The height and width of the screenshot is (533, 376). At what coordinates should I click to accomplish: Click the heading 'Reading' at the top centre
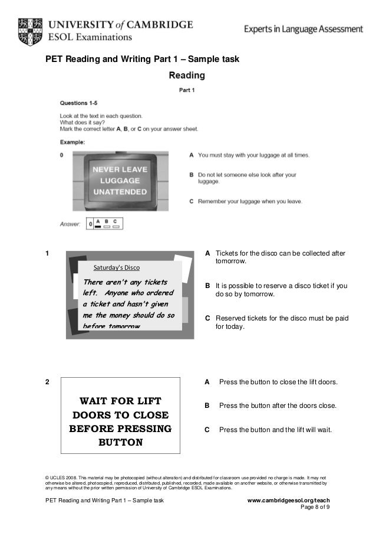pos(187,76)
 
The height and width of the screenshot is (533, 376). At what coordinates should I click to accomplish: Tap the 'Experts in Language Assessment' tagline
pos(303,28)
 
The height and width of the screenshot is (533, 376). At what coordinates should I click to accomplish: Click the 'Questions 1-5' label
pos(78,103)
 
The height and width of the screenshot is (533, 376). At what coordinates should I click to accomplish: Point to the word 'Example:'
pos(72,142)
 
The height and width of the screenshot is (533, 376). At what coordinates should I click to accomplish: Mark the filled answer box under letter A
pos(98,226)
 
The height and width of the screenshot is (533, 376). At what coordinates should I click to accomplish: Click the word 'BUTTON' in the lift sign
pos(120,442)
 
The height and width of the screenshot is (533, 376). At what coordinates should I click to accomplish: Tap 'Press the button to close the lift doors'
pos(278,382)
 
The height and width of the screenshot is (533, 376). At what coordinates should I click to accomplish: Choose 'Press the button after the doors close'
pos(278,406)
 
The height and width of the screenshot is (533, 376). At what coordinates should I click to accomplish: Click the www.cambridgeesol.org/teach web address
pos(288,501)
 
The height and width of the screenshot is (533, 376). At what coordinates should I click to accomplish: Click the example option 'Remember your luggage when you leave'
pos(250,201)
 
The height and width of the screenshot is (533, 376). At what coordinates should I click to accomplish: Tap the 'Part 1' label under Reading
pos(187,90)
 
